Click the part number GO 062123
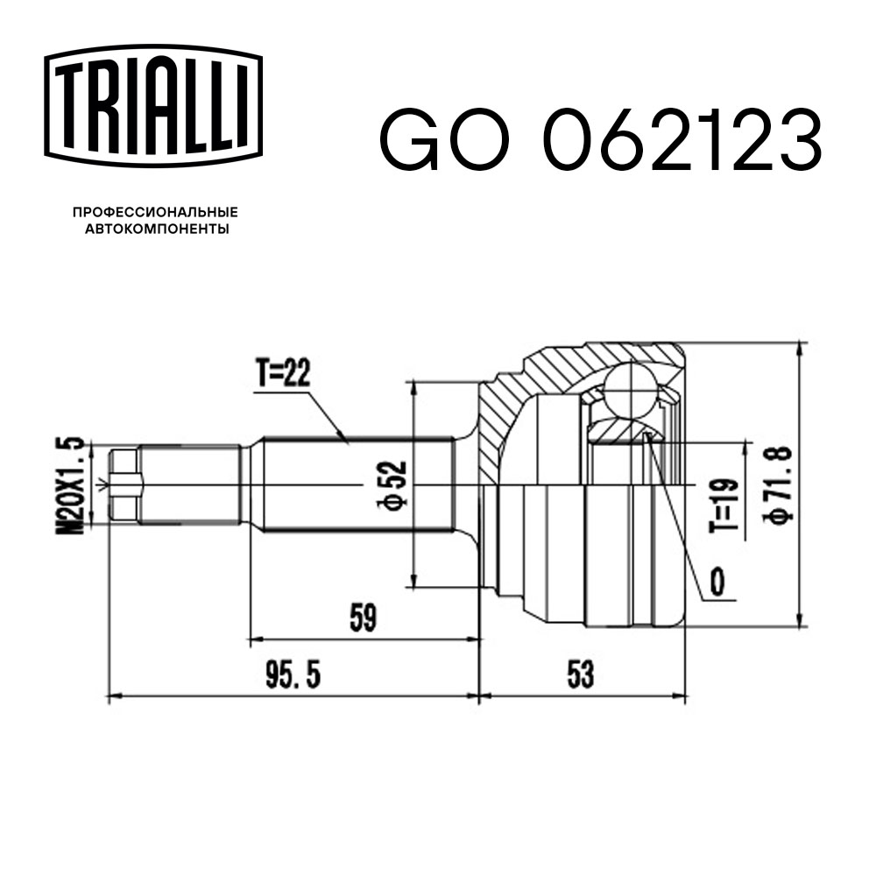point(600,140)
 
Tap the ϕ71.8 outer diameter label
point(780,484)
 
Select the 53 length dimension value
point(580,675)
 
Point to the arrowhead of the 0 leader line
point(649,436)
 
